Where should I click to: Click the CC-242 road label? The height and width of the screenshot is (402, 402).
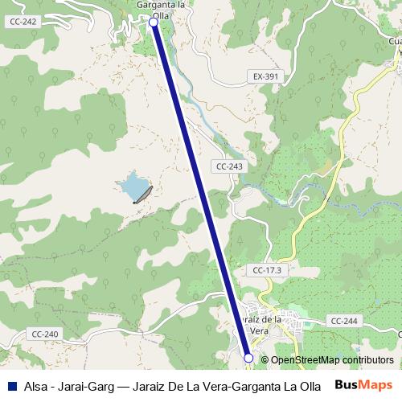[x=24, y=22]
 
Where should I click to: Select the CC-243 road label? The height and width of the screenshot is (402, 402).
[x=229, y=166]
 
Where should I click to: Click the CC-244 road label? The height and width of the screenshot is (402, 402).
[x=343, y=321]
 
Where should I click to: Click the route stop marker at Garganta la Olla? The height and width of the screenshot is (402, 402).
[x=154, y=23]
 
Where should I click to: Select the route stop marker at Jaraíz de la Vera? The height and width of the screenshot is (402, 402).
[x=248, y=358]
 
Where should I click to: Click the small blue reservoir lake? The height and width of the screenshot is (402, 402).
[x=131, y=188]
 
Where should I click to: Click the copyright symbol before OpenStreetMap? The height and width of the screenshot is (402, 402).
[x=265, y=360]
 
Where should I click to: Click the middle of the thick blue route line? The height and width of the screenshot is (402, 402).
[x=201, y=190]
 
